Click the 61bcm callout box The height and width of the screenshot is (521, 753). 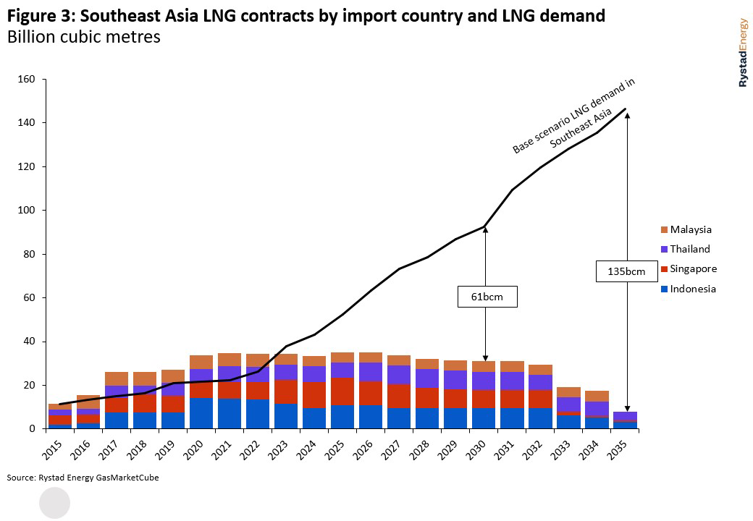click(x=487, y=297)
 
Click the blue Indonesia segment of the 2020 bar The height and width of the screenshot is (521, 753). click(x=201, y=413)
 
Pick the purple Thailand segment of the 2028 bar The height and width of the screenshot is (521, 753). click(x=427, y=378)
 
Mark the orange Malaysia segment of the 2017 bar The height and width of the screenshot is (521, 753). click(x=117, y=378)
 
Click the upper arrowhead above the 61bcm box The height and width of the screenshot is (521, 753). click(x=485, y=229)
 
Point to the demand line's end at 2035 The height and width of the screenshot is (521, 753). click(x=626, y=109)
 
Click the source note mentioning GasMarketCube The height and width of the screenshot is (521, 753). click(x=83, y=478)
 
